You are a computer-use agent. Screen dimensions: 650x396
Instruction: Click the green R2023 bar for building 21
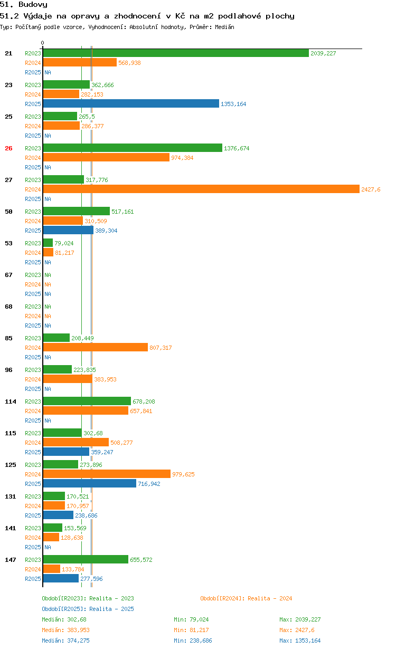coord(175,53)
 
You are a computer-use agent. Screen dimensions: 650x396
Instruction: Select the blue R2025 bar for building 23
coord(130,104)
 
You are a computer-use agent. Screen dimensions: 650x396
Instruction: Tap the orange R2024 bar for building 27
coord(201,189)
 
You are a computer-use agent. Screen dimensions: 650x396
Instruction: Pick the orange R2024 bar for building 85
coord(95,348)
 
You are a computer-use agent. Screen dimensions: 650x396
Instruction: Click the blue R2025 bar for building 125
coord(89,484)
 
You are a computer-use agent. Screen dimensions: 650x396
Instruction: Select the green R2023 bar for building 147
coord(86,560)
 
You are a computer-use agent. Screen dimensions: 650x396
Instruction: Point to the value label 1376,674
coord(237,148)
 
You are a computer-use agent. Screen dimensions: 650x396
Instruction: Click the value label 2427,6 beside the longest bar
coord(371,189)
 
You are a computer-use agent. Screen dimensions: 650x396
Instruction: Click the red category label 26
coord(8,148)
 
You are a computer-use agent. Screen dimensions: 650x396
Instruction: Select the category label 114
coord(11,402)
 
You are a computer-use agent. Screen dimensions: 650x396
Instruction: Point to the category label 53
coord(8,243)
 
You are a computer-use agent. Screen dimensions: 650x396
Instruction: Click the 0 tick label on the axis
coord(43,43)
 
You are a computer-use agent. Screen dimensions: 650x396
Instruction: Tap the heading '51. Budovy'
coord(24,5)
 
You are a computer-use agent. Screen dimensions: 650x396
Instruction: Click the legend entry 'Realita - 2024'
coord(246,598)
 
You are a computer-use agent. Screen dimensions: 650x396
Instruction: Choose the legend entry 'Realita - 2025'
coord(88,609)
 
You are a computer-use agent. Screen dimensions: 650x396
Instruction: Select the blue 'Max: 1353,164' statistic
coord(300,641)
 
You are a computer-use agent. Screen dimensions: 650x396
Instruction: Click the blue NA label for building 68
coord(48,326)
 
